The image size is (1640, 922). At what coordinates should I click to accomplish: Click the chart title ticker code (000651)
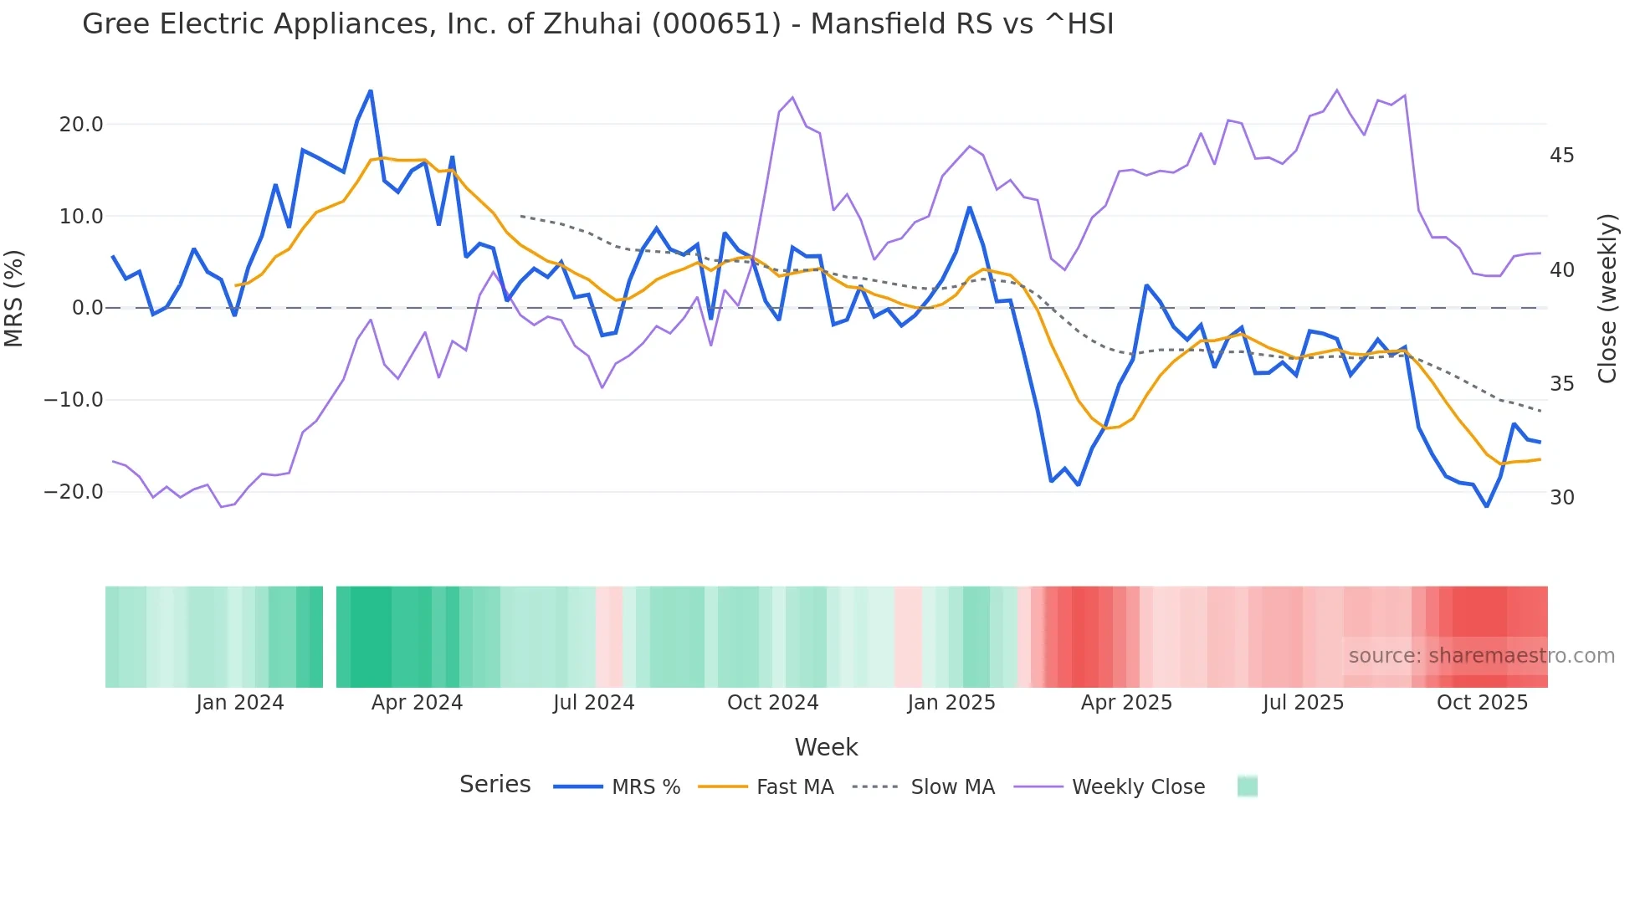(x=716, y=24)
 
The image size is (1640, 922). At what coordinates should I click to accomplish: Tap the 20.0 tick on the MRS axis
(x=81, y=125)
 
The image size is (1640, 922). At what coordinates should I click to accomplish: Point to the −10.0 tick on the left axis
(x=74, y=400)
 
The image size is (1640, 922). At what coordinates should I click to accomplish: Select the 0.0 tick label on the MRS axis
(x=88, y=308)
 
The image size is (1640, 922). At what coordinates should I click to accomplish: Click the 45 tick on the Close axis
(x=1561, y=156)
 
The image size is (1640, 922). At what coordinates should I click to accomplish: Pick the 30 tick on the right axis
(x=1561, y=498)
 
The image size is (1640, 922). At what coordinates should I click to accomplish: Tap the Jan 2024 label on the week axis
(x=240, y=703)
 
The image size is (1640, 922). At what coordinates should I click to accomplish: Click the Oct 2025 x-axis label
(x=1482, y=703)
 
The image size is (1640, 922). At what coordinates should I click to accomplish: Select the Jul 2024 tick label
(x=594, y=703)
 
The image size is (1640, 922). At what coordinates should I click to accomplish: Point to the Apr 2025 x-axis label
(x=1126, y=703)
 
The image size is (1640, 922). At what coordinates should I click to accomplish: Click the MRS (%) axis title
(x=14, y=299)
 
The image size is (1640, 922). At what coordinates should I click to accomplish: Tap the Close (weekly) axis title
(x=1607, y=299)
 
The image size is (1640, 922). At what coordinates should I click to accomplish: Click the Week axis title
(x=826, y=747)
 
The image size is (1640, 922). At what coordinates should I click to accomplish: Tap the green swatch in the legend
(x=1247, y=786)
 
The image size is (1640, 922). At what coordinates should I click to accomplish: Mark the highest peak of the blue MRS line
(x=371, y=91)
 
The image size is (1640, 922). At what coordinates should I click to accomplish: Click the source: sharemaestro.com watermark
(x=1481, y=656)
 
